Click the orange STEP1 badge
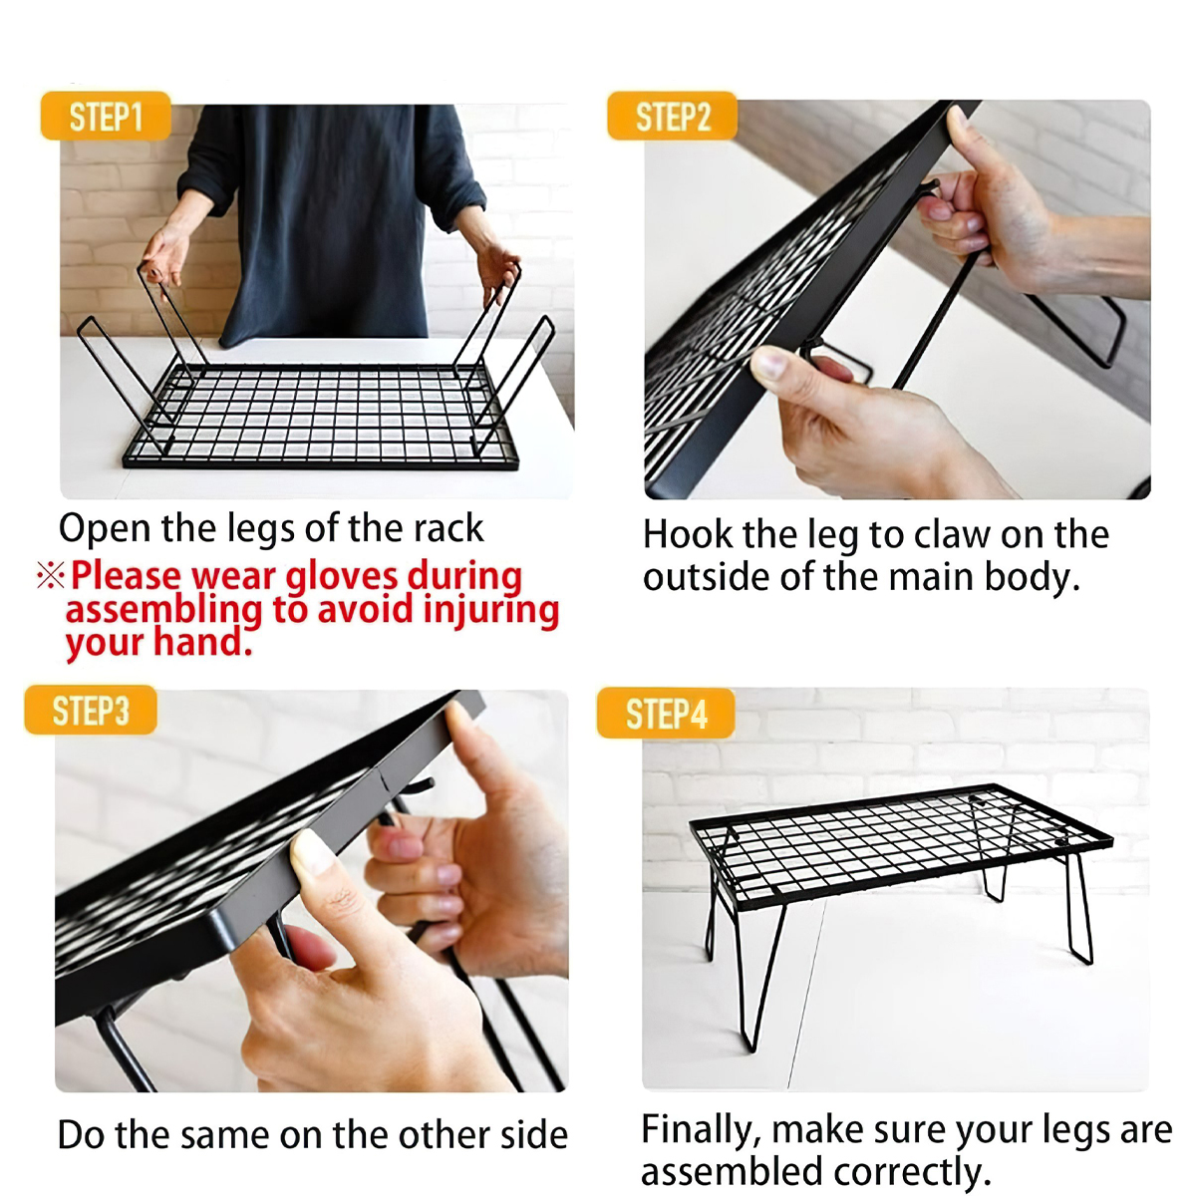[x=106, y=116]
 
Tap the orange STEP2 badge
[x=672, y=116]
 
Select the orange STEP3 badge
[x=91, y=710]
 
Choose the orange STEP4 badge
[x=666, y=714]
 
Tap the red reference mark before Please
[x=50, y=575]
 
